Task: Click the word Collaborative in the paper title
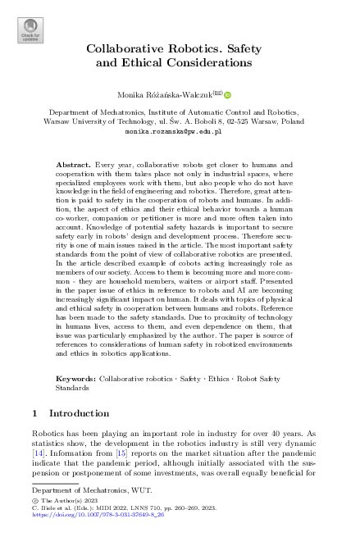(x=127, y=48)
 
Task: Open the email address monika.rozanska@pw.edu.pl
(x=180, y=130)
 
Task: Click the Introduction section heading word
(x=79, y=413)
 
